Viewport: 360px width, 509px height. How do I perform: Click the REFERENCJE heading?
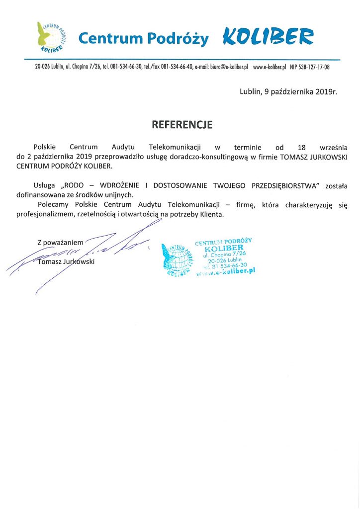pyautogui.click(x=182, y=125)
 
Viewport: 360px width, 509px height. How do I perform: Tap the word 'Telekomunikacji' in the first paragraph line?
pyautogui.click(x=171, y=148)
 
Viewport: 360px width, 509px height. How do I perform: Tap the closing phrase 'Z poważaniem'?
pyautogui.click(x=60, y=242)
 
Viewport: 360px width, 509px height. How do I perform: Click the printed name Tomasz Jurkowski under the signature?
pyautogui.click(x=66, y=262)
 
